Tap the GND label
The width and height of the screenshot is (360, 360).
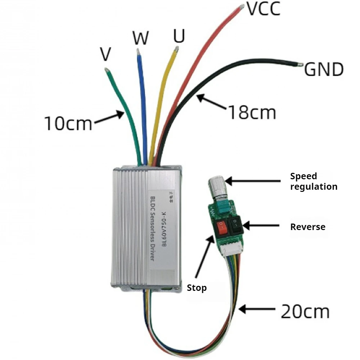click(324, 69)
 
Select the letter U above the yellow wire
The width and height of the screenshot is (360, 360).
click(179, 36)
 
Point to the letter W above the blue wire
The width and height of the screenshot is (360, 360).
click(140, 38)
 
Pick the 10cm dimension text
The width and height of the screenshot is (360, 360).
click(68, 123)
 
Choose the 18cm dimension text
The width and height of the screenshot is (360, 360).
click(252, 113)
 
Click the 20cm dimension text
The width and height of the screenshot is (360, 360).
click(305, 311)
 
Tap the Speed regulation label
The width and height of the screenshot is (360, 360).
click(314, 181)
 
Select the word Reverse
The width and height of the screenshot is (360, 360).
click(307, 227)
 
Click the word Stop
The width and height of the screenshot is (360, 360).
click(197, 288)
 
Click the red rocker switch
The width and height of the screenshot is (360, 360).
click(221, 228)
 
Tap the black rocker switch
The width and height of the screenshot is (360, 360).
click(236, 224)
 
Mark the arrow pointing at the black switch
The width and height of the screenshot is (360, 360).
click(261, 226)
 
